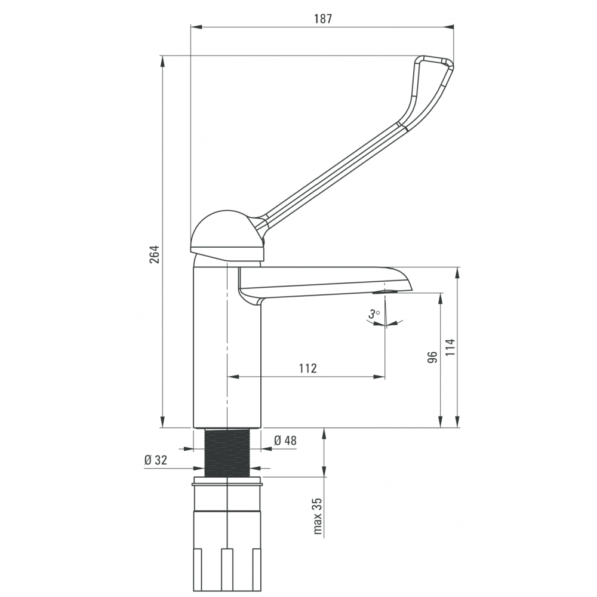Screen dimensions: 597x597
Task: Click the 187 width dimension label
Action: pyautogui.click(x=323, y=19)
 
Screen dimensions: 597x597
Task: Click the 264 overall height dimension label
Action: pyautogui.click(x=154, y=254)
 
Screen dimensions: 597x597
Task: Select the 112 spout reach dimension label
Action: pyautogui.click(x=307, y=368)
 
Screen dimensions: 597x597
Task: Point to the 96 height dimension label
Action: pyautogui.click(x=432, y=357)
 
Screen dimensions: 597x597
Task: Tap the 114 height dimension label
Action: pyautogui.click(x=450, y=347)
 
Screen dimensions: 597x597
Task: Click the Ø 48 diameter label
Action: pyautogui.click(x=285, y=441)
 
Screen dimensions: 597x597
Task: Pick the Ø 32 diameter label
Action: pyautogui.click(x=156, y=460)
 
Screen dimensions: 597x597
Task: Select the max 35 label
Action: pyautogui.click(x=318, y=516)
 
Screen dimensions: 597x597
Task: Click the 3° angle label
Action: pyautogui.click(x=374, y=314)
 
